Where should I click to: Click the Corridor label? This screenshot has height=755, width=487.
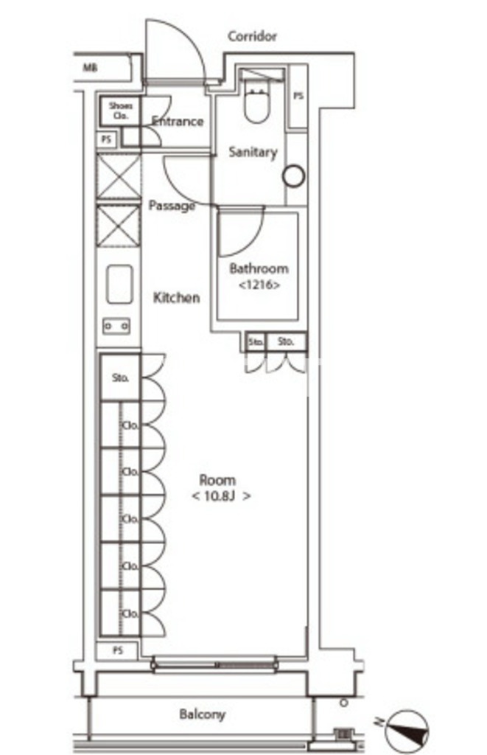(252, 36)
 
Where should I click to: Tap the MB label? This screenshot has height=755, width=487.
(90, 67)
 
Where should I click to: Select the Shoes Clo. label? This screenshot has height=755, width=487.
(120, 111)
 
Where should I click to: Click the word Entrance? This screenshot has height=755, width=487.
(178, 121)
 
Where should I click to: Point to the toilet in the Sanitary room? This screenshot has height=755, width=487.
(256, 101)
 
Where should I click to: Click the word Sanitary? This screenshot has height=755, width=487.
(253, 152)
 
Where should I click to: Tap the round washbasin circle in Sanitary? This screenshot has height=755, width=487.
(293, 176)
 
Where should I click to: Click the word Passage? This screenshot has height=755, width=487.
(172, 206)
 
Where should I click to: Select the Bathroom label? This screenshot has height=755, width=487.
(259, 268)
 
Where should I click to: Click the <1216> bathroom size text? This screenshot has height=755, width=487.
(259, 285)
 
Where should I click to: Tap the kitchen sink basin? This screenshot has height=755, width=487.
(119, 284)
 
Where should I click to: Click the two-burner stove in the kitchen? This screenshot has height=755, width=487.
(116, 327)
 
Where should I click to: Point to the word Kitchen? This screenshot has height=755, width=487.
(176, 298)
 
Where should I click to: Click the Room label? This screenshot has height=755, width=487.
(217, 480)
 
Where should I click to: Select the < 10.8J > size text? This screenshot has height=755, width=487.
(221, 496)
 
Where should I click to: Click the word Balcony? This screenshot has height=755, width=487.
(202, 714)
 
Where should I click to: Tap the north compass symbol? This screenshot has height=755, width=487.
(407, 728)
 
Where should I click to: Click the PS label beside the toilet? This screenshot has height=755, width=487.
(298, 97)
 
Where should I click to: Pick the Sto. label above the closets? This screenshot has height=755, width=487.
(120, 378)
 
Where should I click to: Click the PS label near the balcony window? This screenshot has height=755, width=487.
(117, 650)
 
